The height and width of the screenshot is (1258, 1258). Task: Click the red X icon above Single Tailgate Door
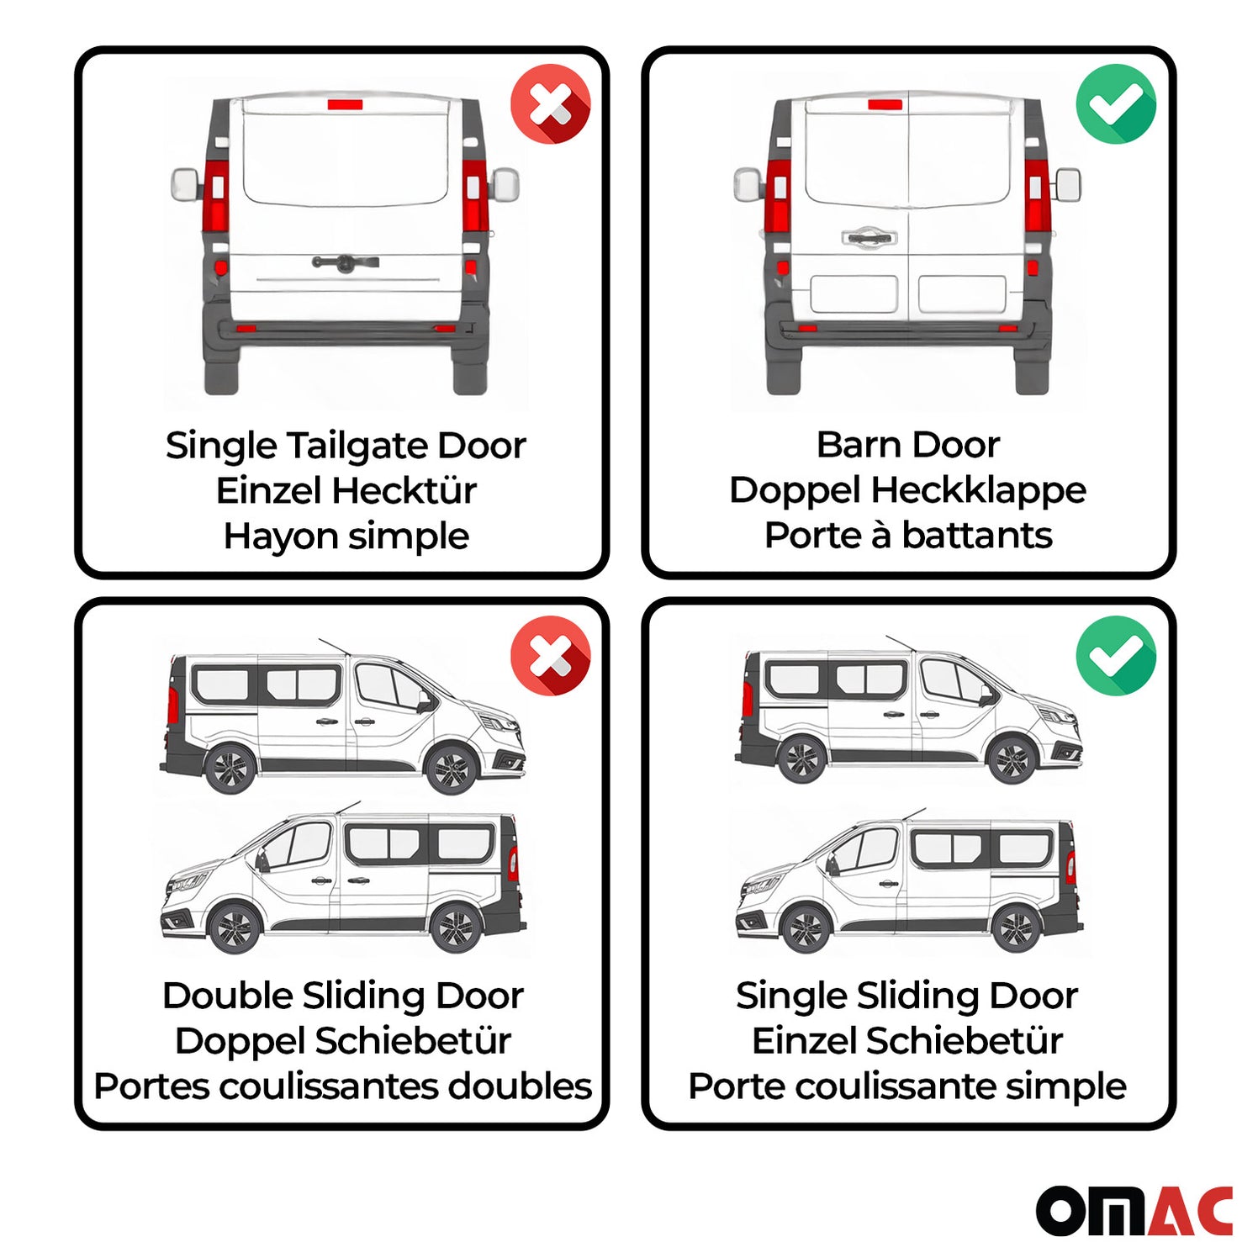(x=550, y=104)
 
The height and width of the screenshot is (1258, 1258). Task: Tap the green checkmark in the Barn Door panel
(x=1115, y=104)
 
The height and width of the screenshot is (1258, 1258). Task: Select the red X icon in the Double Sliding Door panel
(x=550, y=655)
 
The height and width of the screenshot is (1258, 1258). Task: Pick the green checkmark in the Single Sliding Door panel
(x=1115, y=655)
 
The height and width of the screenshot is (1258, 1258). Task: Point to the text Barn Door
(x=907, y=445)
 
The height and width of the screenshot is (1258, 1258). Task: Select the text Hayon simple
(x=346, y=536)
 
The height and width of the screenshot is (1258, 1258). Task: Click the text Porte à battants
(x=907, y=536)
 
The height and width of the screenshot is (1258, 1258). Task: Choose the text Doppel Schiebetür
(x=342, y=1041)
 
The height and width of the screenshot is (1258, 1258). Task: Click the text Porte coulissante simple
(x=906, y=1086)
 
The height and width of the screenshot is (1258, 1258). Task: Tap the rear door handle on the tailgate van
(x=345, y=262)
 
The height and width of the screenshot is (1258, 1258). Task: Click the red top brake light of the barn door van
(x=884, y=104)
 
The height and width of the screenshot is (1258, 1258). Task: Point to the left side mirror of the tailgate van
(x=184, y=183)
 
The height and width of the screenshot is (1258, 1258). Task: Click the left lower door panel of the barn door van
(x=853, y=294)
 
